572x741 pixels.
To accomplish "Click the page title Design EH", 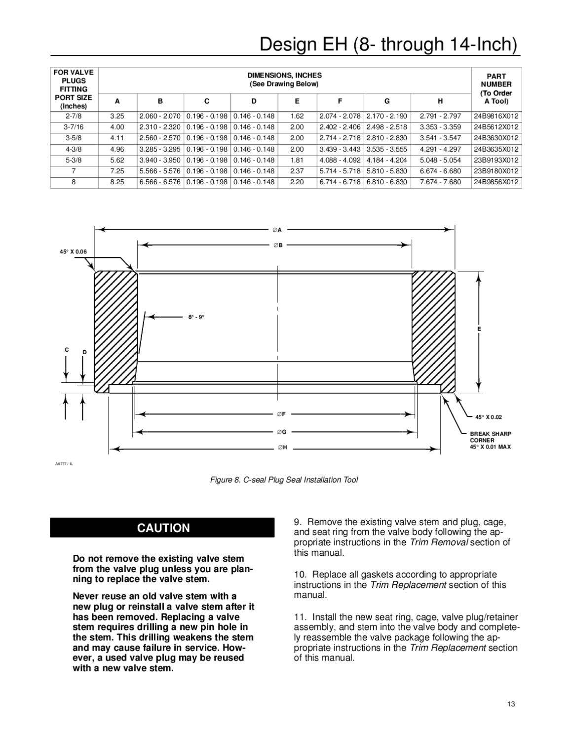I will coord(389,44).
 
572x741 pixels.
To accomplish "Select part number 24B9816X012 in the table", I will coord(496,116).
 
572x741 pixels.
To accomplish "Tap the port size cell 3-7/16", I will coord(74,127).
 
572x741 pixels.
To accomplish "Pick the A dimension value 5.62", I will coord(117,160).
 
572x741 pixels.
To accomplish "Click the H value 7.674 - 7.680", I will coord(440,182).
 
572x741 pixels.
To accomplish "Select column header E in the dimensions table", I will coord(297,101).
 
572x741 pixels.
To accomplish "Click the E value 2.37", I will coord(297,171).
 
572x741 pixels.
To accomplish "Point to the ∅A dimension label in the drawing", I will coord(277,230).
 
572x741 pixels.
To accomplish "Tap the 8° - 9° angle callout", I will coord(196,317).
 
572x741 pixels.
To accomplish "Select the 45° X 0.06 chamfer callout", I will coord(73,251).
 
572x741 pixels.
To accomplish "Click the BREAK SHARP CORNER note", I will coord(490,437).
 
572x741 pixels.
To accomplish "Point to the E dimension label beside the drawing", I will coord(479,329).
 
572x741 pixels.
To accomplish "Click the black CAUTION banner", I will coord(162,528).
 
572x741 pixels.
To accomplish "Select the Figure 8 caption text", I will coord(284,480).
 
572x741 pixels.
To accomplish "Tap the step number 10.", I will coord(298,575).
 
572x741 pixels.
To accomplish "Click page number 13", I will coord(511,704).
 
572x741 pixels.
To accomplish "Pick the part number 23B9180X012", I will coord(496,171).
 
